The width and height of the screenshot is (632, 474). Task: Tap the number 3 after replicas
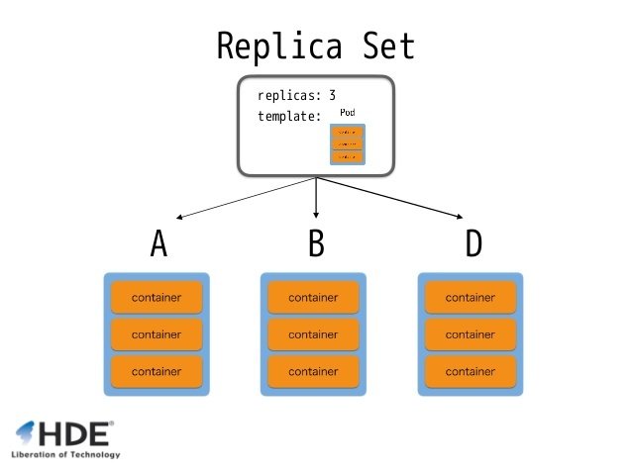pyautogui.click(x=332, y=96)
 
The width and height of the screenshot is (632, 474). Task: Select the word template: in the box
pyautogui.click(x=289, y=116)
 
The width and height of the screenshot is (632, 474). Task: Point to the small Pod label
pyautogui.click(x=348, y=113)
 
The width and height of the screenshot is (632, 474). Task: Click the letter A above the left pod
pyautogui.click(x=158, y=243)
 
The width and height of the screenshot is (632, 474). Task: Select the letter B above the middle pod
pyautogui.click(x=316, y=243)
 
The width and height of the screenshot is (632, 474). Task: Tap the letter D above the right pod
pyautogui.click(x=474, y=243)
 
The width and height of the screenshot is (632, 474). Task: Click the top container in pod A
pyautogui.click(x=157, y=297)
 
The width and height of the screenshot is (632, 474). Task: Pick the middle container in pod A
pyautogui.click(x=157, y=334)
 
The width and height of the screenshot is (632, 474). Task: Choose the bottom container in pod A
pyautogui.click(x=157, y=371)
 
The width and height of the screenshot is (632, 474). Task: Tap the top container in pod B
pyautogui.click(x=313, y=297)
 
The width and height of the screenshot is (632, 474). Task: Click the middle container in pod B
pyautogui.click(x=313, y=334)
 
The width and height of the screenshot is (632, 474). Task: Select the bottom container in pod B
pyautogui.click(x=313, y=371)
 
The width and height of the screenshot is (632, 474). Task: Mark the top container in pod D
pyautogui.click(x=471, y=297)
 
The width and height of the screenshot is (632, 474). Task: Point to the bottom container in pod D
pyautogui.click(x=471, y=371)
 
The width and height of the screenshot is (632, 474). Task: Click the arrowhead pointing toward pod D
pyautogui.click(x=459, y=217)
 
